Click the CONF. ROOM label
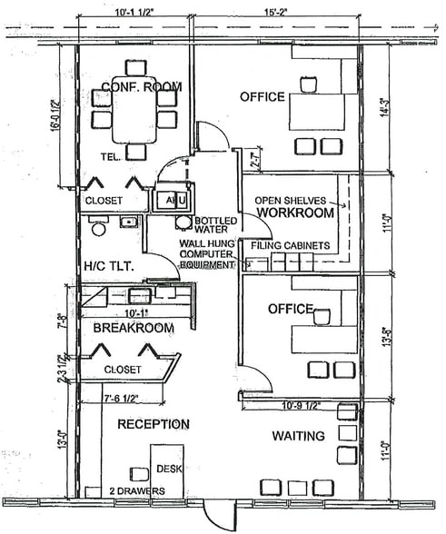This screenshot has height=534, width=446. (x=141, y=87)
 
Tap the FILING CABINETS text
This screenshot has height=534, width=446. (x=282, y=245)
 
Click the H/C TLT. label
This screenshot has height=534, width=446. (x=109, y=266)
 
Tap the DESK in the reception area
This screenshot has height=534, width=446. (x=166, y=469)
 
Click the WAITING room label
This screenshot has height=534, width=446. (x=298, y=437)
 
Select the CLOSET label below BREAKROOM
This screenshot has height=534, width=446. (x=123, y=370)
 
